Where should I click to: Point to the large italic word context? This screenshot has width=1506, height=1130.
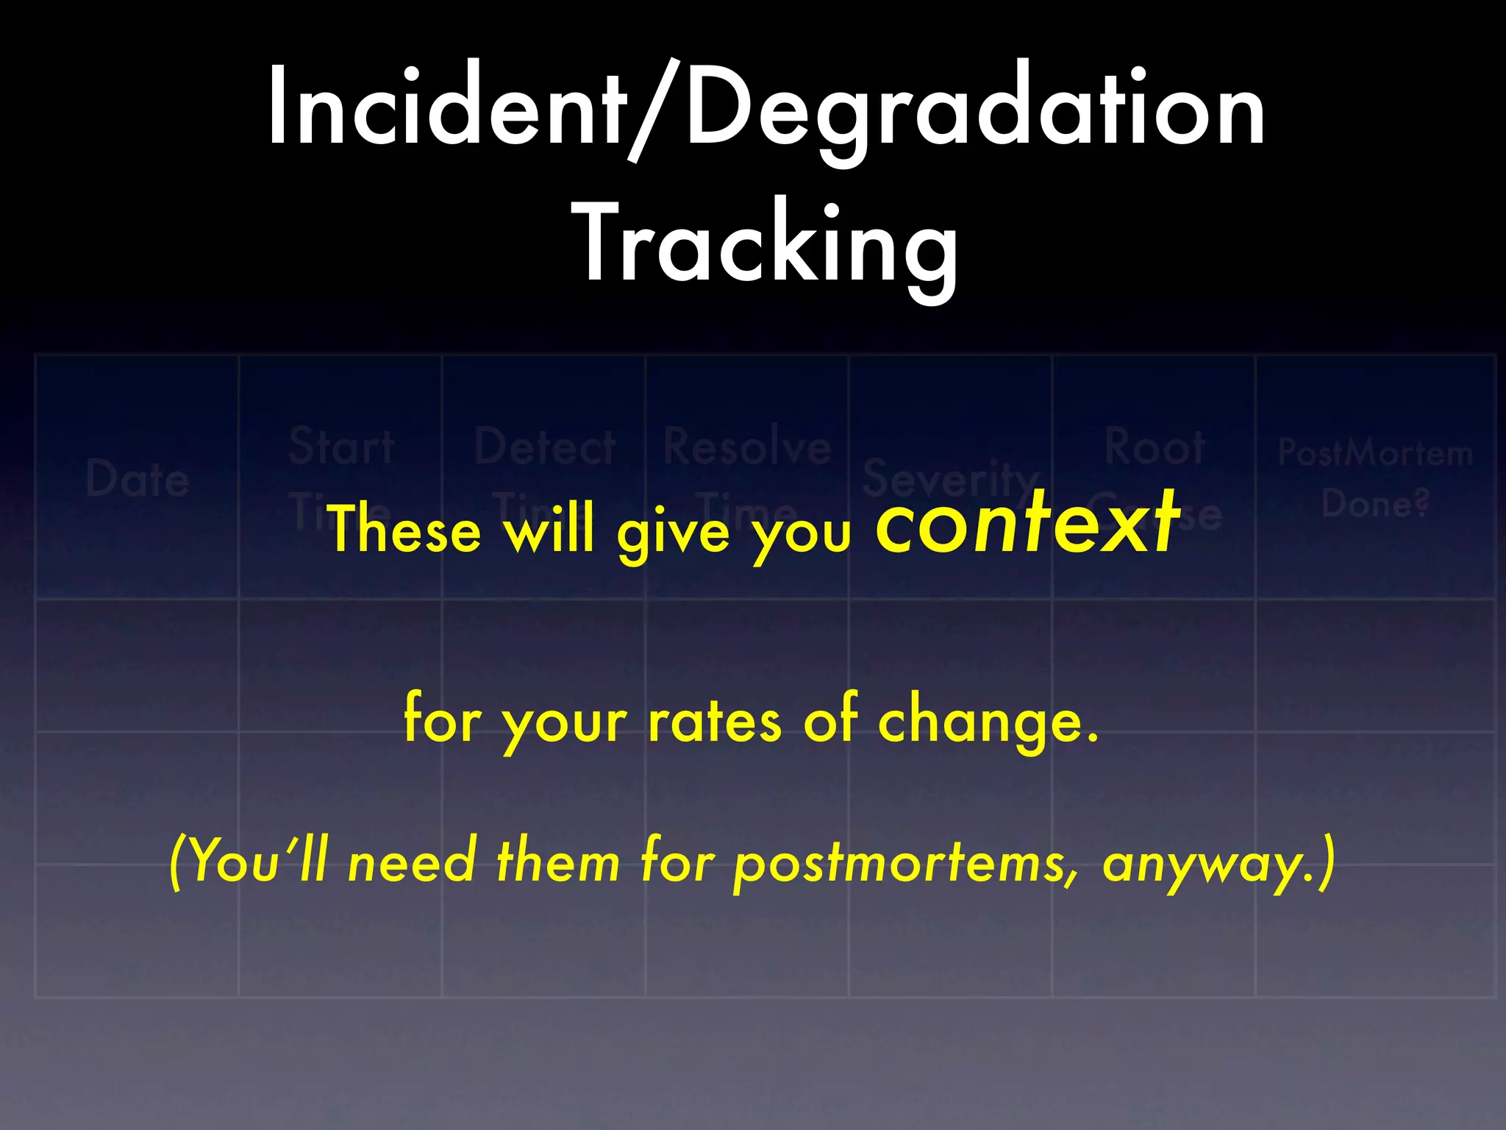[x=1027, y=524]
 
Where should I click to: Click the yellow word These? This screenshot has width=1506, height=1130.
[x=404, y=529]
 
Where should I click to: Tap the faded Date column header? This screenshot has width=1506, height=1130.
[x=138, y=479]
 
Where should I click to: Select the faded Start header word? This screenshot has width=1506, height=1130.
[x=341, y=447]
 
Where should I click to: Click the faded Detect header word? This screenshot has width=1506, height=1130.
[x=545, y=447]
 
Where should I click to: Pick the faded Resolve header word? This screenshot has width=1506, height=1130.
[x=747, y=447]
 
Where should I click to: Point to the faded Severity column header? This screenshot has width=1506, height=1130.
[x=950, y=479]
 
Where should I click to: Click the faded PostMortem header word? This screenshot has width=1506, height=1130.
[x=1375, y=453]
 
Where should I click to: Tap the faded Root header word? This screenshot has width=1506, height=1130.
[x=1155, y=447]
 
